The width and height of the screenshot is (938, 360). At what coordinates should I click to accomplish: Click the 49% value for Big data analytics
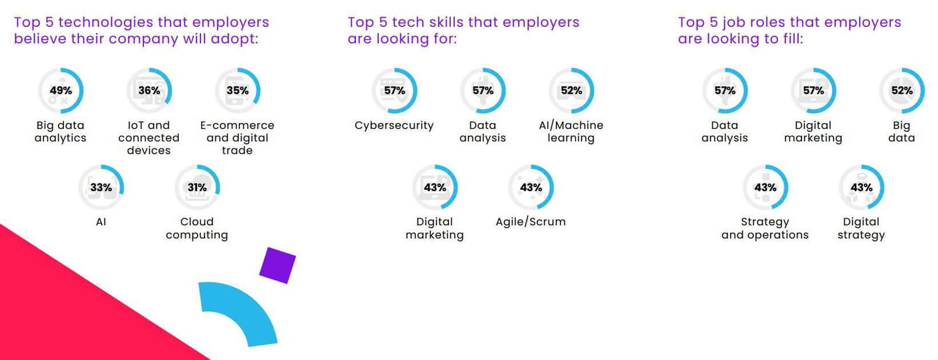pos(60,90)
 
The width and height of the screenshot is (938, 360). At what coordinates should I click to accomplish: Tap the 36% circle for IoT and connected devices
pos(149,90)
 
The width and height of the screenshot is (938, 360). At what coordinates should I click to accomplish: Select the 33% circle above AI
pos(101,187)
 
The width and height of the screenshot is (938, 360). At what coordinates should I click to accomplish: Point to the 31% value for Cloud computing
pos(197,187)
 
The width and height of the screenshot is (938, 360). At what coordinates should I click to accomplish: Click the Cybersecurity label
pos(394,125)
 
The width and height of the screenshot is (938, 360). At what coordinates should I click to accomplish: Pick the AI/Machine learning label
pos(571,131)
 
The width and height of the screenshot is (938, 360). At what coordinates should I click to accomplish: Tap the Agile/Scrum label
pos(531,222)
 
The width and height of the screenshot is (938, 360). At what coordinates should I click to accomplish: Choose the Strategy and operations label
pos(765,228)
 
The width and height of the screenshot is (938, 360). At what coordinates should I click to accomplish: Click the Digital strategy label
pos(861,228)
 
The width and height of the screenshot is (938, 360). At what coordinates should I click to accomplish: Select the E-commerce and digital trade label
pos(237,138)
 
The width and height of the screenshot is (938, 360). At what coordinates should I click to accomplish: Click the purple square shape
pos(277,265)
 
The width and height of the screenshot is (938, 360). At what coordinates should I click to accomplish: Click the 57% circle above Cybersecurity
pos(395,90)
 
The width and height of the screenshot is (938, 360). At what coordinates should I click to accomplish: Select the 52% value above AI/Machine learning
pos(571,90)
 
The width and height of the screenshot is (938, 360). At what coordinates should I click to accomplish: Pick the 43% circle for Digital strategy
pos(861,187)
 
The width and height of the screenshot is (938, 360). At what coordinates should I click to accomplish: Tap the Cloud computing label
pos(197,228)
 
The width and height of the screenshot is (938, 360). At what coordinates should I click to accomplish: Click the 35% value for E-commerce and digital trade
pos(237,90)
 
